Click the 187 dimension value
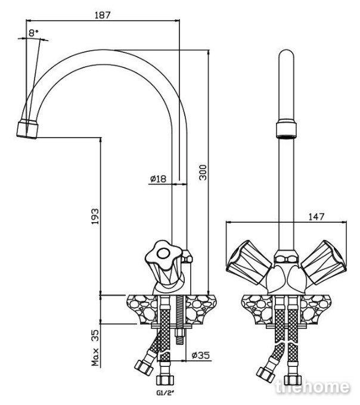coord(103,15)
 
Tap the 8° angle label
coord(33,33)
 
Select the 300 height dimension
coord(203,172)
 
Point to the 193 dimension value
coord(95,216)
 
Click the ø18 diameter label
coord(158,179)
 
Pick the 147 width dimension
coord(316,216)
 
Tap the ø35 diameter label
coord(201,356)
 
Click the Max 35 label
coord(95,347)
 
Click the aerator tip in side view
coord(27,129)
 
